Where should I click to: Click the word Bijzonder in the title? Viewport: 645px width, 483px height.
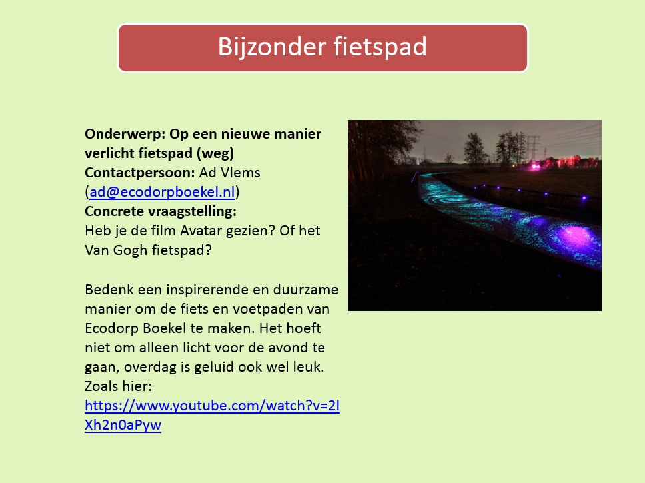click(272, 47)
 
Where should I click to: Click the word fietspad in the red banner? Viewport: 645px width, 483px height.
click(380, 47)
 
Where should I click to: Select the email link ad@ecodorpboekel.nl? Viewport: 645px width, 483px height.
click(162, 192)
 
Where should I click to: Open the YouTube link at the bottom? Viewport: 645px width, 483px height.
click(213, 415)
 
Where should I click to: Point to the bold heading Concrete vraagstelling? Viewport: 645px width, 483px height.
click(161, 211)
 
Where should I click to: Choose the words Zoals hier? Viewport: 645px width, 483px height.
click(118, 386)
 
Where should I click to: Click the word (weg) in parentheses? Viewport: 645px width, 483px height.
click(215, 154)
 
